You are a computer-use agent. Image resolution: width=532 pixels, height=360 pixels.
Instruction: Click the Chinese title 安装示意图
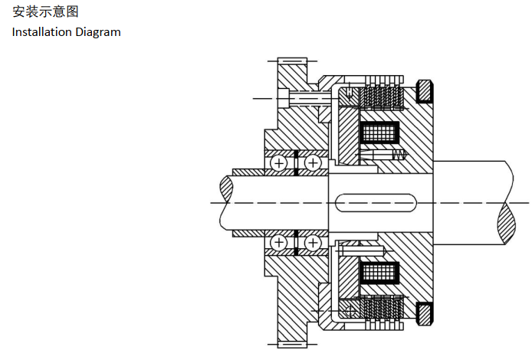[45, 11]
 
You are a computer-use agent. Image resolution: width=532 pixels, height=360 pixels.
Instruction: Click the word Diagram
[99, 32]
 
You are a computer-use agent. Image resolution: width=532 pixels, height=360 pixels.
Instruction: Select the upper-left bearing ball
[279, 163]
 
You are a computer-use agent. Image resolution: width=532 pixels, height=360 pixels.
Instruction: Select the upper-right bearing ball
[313, 163]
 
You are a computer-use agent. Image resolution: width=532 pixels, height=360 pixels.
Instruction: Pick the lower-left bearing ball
[279, 244]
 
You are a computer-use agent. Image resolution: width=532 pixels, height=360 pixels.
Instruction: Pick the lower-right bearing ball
[313, 244]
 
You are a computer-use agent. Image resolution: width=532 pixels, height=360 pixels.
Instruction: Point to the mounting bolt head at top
[285, 98]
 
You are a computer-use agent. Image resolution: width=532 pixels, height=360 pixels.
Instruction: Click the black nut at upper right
[424, 93]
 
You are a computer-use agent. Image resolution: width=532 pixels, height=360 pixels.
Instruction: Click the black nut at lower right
[424, 314]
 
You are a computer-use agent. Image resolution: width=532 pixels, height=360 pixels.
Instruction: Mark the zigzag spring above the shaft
[397, 155]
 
